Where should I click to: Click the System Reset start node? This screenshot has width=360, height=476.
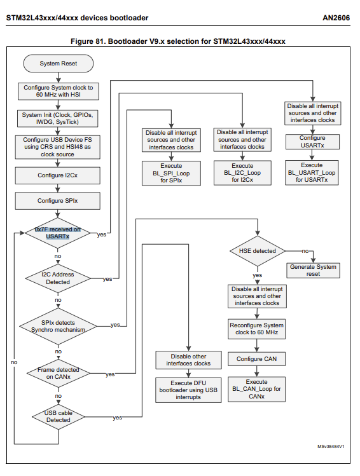59,64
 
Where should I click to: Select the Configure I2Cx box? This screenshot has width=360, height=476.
59,174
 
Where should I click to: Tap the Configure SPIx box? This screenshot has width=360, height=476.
59,201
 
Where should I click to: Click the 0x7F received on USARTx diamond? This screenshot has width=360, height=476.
58,233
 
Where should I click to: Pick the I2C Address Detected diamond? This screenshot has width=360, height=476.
58,278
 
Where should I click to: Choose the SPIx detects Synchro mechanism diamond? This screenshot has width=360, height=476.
58,326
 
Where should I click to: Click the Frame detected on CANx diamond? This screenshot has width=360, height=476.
58,372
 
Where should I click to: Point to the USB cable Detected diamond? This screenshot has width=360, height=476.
58,416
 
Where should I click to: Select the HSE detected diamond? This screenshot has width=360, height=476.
257,251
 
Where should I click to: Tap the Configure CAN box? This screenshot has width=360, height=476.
257,359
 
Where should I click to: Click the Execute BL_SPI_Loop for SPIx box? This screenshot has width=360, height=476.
171,173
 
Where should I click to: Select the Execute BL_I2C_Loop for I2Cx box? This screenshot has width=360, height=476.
242,173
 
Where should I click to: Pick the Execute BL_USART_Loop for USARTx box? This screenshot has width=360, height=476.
312,172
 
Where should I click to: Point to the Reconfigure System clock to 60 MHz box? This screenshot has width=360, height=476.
257,329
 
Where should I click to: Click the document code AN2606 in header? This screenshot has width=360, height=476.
338,18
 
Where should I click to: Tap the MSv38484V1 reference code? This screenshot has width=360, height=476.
331,447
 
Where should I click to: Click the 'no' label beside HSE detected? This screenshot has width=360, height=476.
305,251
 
